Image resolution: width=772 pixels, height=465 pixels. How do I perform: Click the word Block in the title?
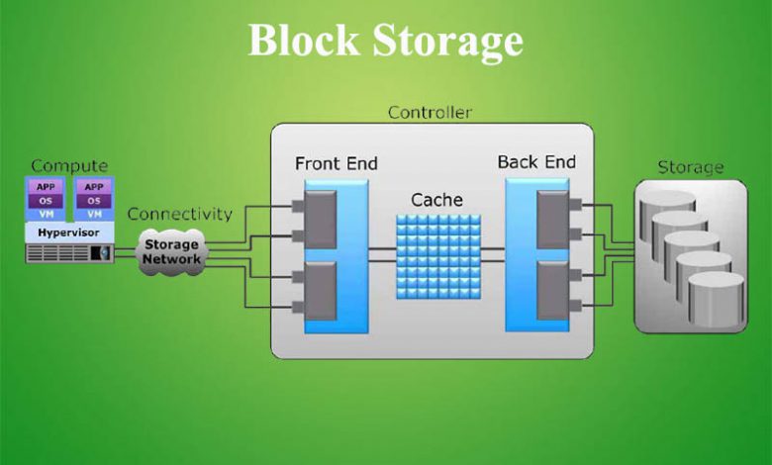pos(304,41)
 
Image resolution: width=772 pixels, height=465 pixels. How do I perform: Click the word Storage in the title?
pos(447,43)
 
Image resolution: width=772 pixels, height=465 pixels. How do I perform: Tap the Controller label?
pos(430,113)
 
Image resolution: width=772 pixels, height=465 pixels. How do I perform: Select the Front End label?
pos(337,163)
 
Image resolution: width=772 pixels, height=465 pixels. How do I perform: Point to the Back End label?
pos(536,162)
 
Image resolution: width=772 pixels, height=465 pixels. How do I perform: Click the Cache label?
pos(436,200)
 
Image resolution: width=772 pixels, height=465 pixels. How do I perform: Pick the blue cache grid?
pos(438,256)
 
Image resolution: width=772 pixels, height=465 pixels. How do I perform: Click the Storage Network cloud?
pos(171,252)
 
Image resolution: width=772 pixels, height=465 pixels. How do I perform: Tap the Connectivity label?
pos(180,214)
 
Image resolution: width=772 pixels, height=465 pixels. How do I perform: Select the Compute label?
pos(69,166)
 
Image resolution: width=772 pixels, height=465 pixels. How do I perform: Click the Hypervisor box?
pos(69,232)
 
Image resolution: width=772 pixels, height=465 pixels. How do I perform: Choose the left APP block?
pos(46,187)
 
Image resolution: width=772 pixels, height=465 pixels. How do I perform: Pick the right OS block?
pos(94,201)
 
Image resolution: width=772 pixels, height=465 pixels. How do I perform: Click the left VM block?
pos(46,214)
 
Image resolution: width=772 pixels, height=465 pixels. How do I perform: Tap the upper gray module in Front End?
pos(321,220)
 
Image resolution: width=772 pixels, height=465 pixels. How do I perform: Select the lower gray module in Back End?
pos(553,291)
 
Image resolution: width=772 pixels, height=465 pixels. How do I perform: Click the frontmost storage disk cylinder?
pos(716,299)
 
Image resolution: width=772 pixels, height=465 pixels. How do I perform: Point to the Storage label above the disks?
pos(691,168)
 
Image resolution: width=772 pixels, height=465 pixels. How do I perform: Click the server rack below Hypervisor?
pos(69,253)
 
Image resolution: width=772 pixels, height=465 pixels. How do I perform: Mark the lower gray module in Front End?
pos(321,291)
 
